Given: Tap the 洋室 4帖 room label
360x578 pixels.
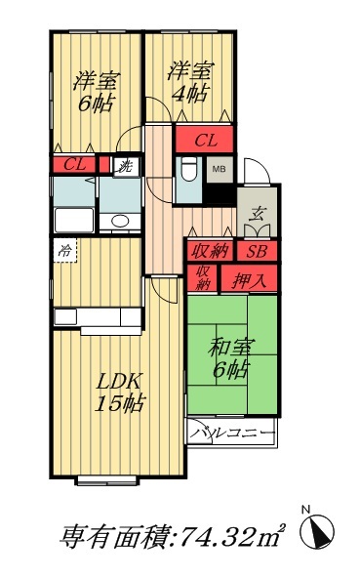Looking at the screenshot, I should (x=188, y=82).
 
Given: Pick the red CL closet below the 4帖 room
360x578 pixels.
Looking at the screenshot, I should (x=206, y=141).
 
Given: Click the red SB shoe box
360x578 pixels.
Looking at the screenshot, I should (x=257, y=251).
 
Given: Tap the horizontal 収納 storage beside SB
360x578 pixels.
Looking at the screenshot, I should (x=209, y=251).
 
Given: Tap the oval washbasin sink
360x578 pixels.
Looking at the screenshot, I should (x=120, y=220).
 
